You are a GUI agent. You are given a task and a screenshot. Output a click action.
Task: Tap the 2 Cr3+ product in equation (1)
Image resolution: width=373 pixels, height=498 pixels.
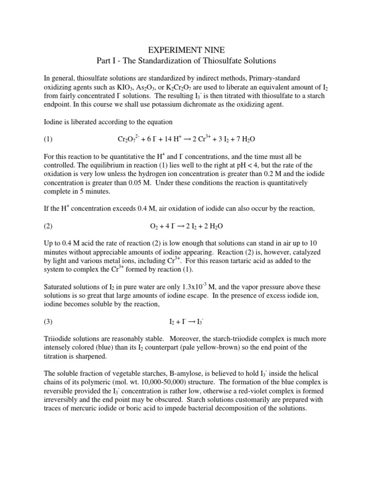click(x=197, y=139)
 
